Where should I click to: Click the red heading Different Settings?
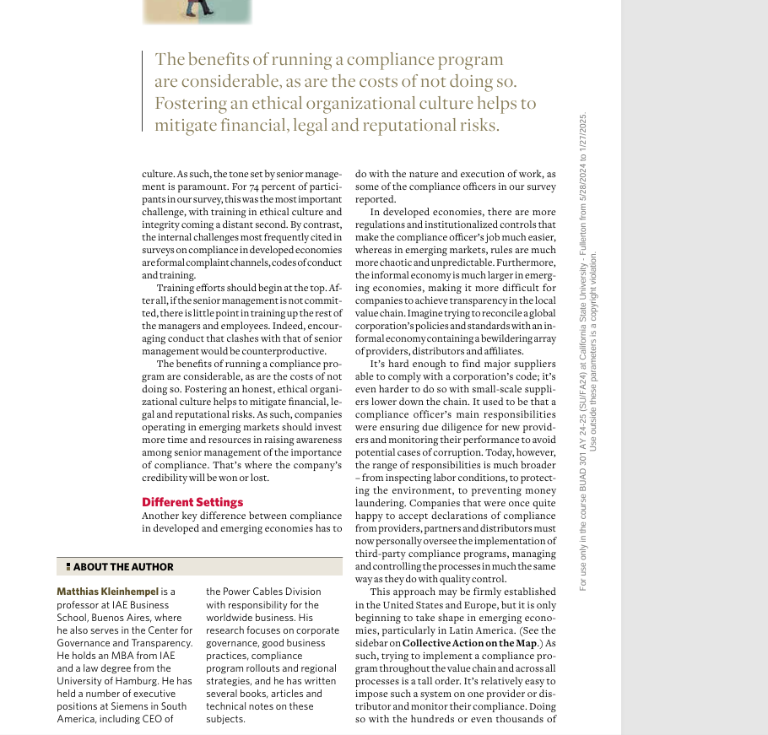[x=192, y=502]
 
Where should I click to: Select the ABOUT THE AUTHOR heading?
[x=123, y=567]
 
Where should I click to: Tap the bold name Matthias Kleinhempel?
[x=107, y=592]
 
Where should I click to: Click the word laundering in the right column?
[x=379, y=503]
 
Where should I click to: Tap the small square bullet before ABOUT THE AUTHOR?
[x=68, y=567]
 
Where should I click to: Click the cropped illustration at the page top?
[x=197, y=11]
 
